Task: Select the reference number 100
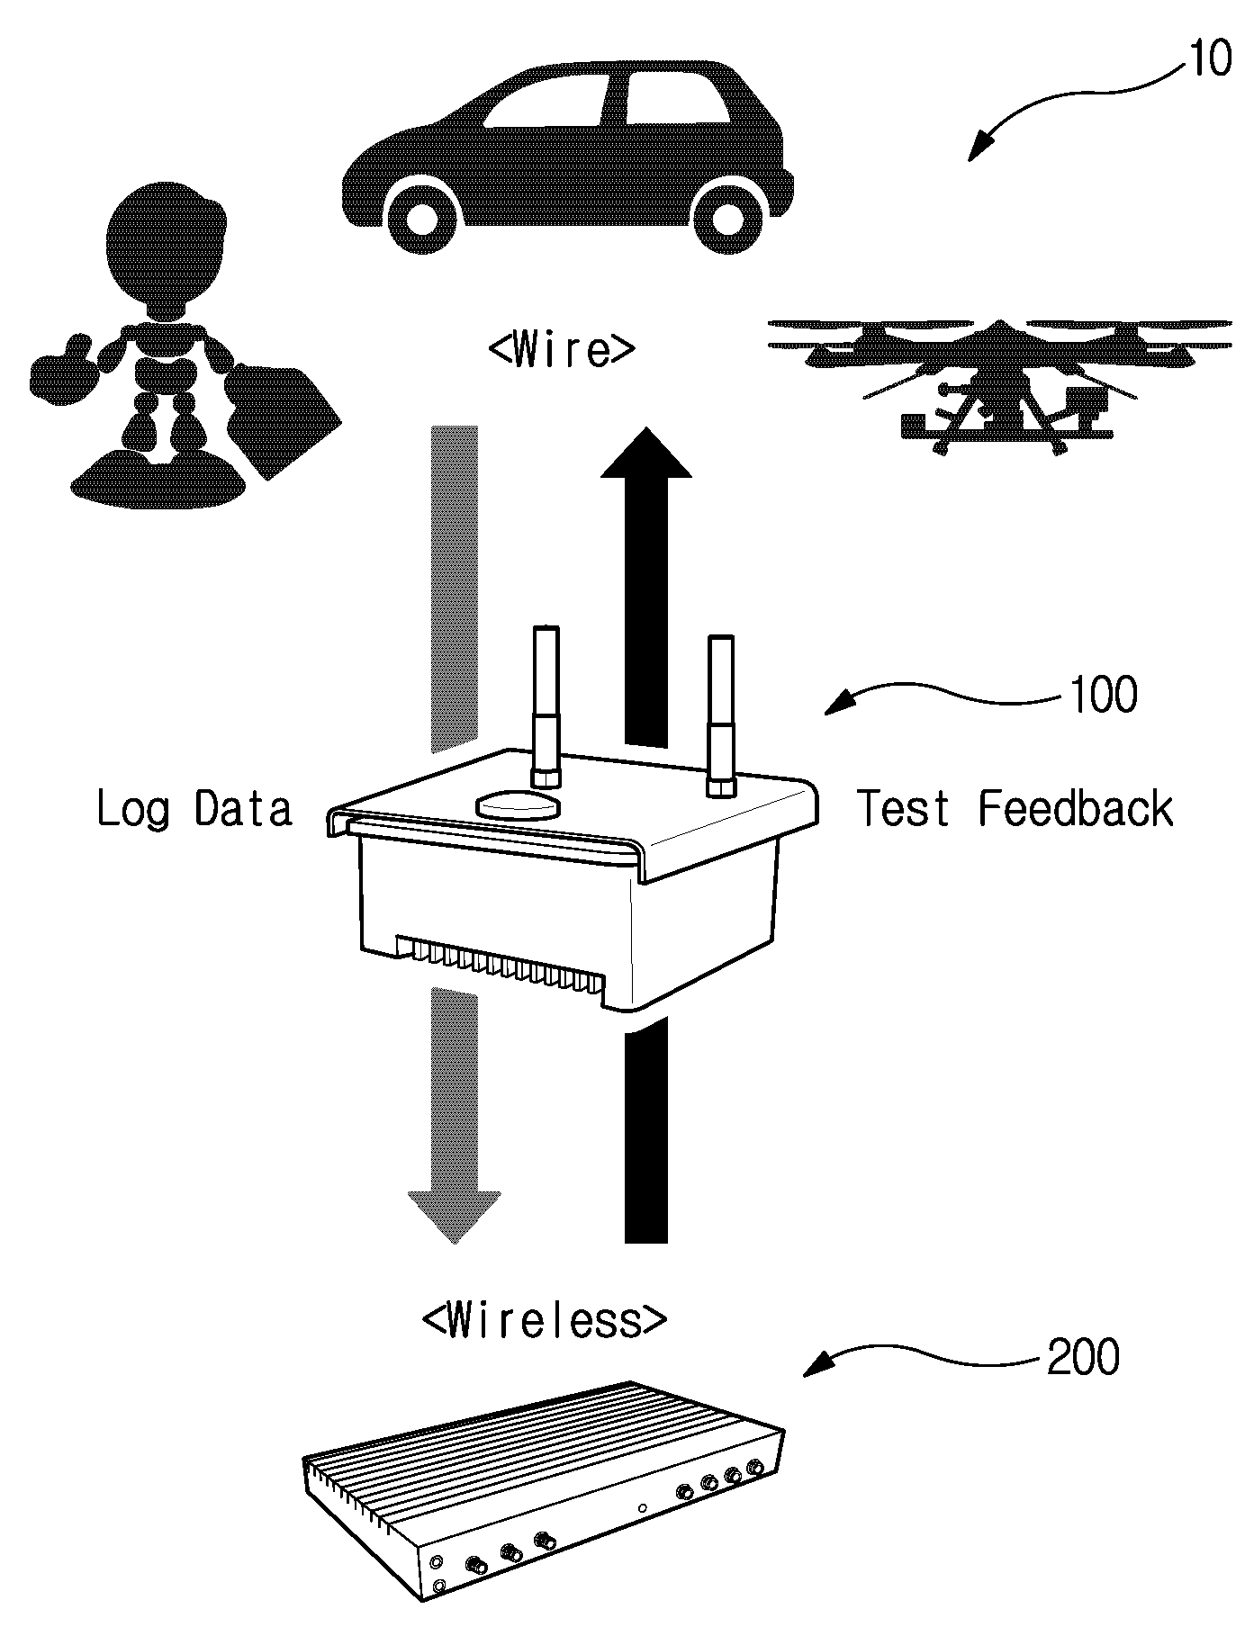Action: tap(1102, 695)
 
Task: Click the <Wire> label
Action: tap(562, 349)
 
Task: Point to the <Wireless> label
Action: tap(545, 1320)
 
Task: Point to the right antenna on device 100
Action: tap(721, 715)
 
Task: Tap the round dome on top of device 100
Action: tap(518, 804)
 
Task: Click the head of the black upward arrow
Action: tap(646, 452)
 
